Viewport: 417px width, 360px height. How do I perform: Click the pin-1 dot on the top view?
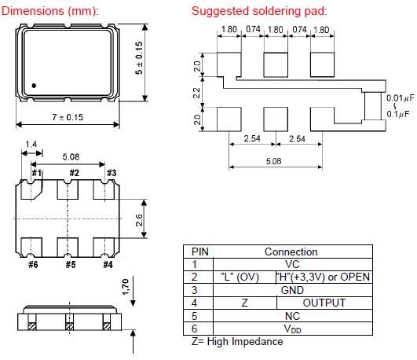click(x=34, y=86)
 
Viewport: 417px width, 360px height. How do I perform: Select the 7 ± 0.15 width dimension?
click(x=68, y=117)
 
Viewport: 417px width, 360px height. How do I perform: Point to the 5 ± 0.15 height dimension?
click(x=139, y=58)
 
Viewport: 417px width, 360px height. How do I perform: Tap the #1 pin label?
click(x=37, y=173)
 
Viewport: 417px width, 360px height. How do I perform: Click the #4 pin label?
click(x=108, y=265)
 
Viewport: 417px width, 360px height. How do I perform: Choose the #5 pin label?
click(x=71, y=265)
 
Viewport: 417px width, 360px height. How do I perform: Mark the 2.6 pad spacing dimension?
click(x=139, y=220)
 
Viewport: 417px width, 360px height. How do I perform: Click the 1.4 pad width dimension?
click(x=31, y=145)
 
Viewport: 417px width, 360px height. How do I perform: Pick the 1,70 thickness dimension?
click(x=126, y=287)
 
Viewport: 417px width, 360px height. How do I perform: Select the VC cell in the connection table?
click(x=292, y=264)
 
